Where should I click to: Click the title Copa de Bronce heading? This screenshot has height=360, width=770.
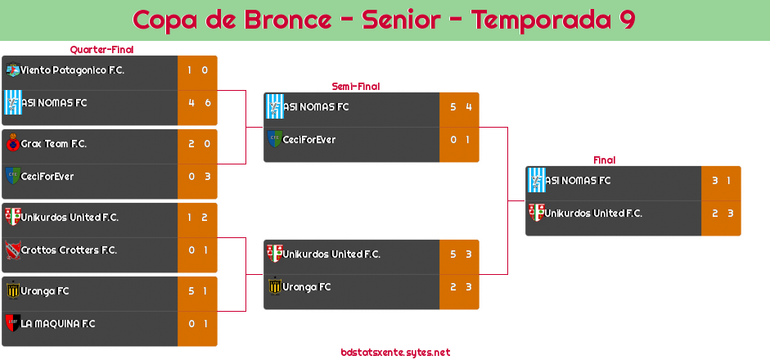384,20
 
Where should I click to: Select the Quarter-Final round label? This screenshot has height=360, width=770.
101,50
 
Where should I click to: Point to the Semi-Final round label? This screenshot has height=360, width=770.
354,86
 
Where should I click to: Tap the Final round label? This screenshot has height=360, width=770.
603,160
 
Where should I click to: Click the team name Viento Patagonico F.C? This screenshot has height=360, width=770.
72,70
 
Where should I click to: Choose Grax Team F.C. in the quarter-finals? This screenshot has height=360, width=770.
54,144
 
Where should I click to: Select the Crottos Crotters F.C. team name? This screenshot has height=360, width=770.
69,250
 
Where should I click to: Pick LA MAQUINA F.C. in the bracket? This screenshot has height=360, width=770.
58,324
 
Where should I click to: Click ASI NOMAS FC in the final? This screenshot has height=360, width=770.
578,181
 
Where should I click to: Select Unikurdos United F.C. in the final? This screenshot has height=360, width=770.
593,214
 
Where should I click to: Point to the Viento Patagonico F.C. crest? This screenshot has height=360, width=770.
12,70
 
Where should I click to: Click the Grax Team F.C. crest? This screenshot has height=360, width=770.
12,144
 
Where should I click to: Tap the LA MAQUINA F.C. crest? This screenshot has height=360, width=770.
12,323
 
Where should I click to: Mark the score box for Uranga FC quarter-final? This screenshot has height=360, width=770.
197,291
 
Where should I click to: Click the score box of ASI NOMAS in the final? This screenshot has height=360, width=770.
721,181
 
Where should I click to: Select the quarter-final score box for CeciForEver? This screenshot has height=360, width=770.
197,177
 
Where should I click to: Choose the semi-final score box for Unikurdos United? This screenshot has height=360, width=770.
459,254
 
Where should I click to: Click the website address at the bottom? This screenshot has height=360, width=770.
395,353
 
